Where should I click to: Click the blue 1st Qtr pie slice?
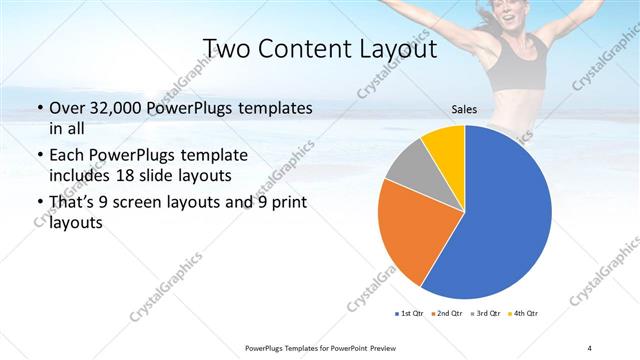coord(500,220)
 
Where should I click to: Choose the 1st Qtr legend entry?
coord(410,314)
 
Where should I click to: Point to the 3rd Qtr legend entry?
coord(488,314)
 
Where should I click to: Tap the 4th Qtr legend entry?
coord(526,314)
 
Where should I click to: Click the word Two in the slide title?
coord(227,48)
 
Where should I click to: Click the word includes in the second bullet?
coord(82,176)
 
